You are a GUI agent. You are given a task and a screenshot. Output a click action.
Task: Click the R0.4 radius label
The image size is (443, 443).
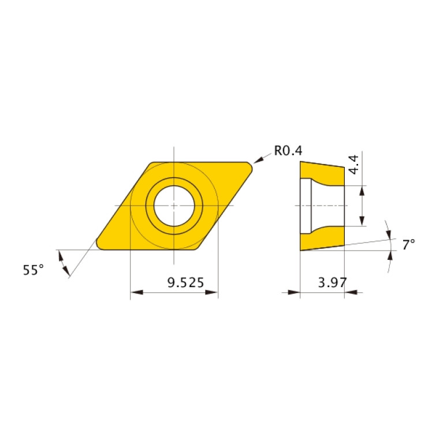(288, 151)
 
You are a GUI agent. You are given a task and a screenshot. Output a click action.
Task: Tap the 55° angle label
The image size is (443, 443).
(33, 270)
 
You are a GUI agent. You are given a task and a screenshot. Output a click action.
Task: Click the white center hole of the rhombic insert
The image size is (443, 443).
(174, 206)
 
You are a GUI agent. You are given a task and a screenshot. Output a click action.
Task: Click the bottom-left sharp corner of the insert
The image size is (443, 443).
(100, 247)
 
